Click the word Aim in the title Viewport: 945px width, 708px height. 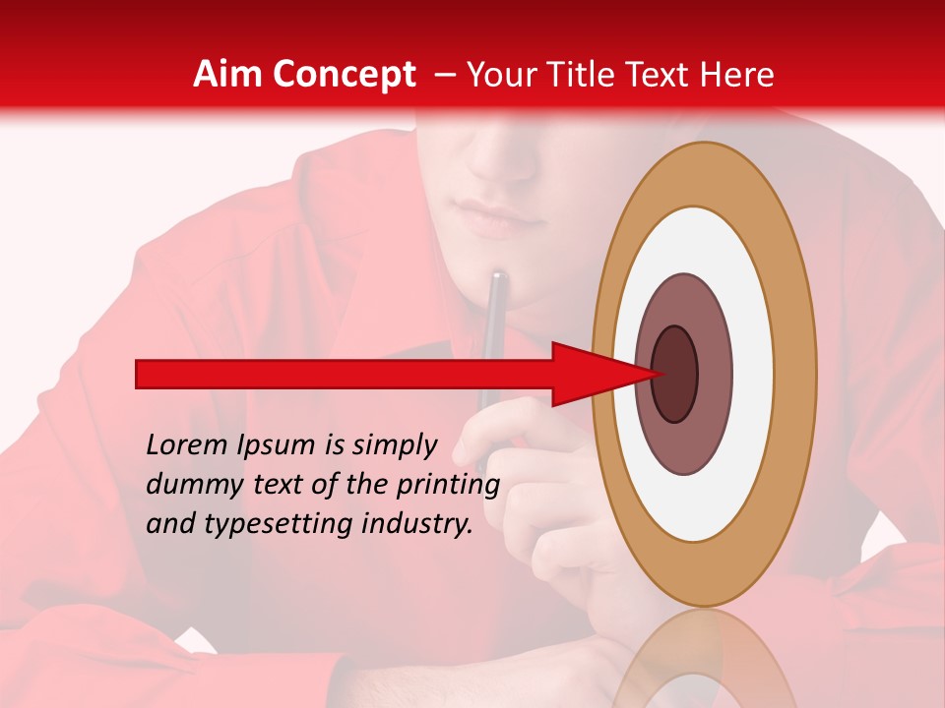(x=228, y=75)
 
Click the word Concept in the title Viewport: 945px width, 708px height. (x=343, y=75)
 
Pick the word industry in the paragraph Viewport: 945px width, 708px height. (x=418, y=524)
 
